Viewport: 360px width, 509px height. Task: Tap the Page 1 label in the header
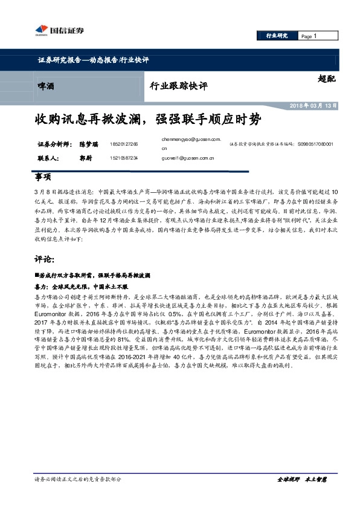[309, 36]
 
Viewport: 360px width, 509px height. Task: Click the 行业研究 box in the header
[277, 36]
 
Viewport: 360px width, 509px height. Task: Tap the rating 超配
[326, 78]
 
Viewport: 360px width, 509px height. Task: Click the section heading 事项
[43, 178]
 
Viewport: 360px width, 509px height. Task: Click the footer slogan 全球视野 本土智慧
[301, 496]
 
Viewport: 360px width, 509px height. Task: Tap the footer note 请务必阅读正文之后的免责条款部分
[79, 496]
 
